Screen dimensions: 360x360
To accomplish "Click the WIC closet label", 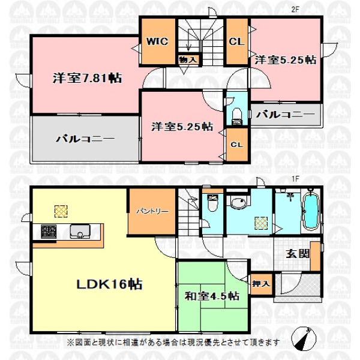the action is [157, 41].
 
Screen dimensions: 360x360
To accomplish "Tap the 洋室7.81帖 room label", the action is [87, 78].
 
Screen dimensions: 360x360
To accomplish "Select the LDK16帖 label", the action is [109, 284].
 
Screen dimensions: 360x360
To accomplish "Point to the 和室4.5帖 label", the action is [212, 296].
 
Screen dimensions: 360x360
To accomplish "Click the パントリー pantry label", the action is [152, 211].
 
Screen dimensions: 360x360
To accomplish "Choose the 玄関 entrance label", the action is [298, 254].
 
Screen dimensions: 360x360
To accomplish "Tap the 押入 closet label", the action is [261, 284].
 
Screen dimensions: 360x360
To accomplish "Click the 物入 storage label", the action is [188, 60].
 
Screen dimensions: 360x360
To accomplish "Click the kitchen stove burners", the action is [49, 231].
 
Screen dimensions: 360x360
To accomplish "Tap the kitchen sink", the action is [80, 232].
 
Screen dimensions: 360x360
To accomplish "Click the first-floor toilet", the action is [212, 203].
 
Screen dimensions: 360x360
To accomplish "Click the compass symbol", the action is [304, 338].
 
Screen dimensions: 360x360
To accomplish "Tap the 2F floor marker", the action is [295, 10].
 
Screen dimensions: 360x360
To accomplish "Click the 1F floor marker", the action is [295, 179].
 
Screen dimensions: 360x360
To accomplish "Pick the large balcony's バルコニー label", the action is [85, 139].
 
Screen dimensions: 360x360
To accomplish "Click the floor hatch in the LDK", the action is [61, 211].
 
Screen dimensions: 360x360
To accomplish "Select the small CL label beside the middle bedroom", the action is [237, 145].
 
